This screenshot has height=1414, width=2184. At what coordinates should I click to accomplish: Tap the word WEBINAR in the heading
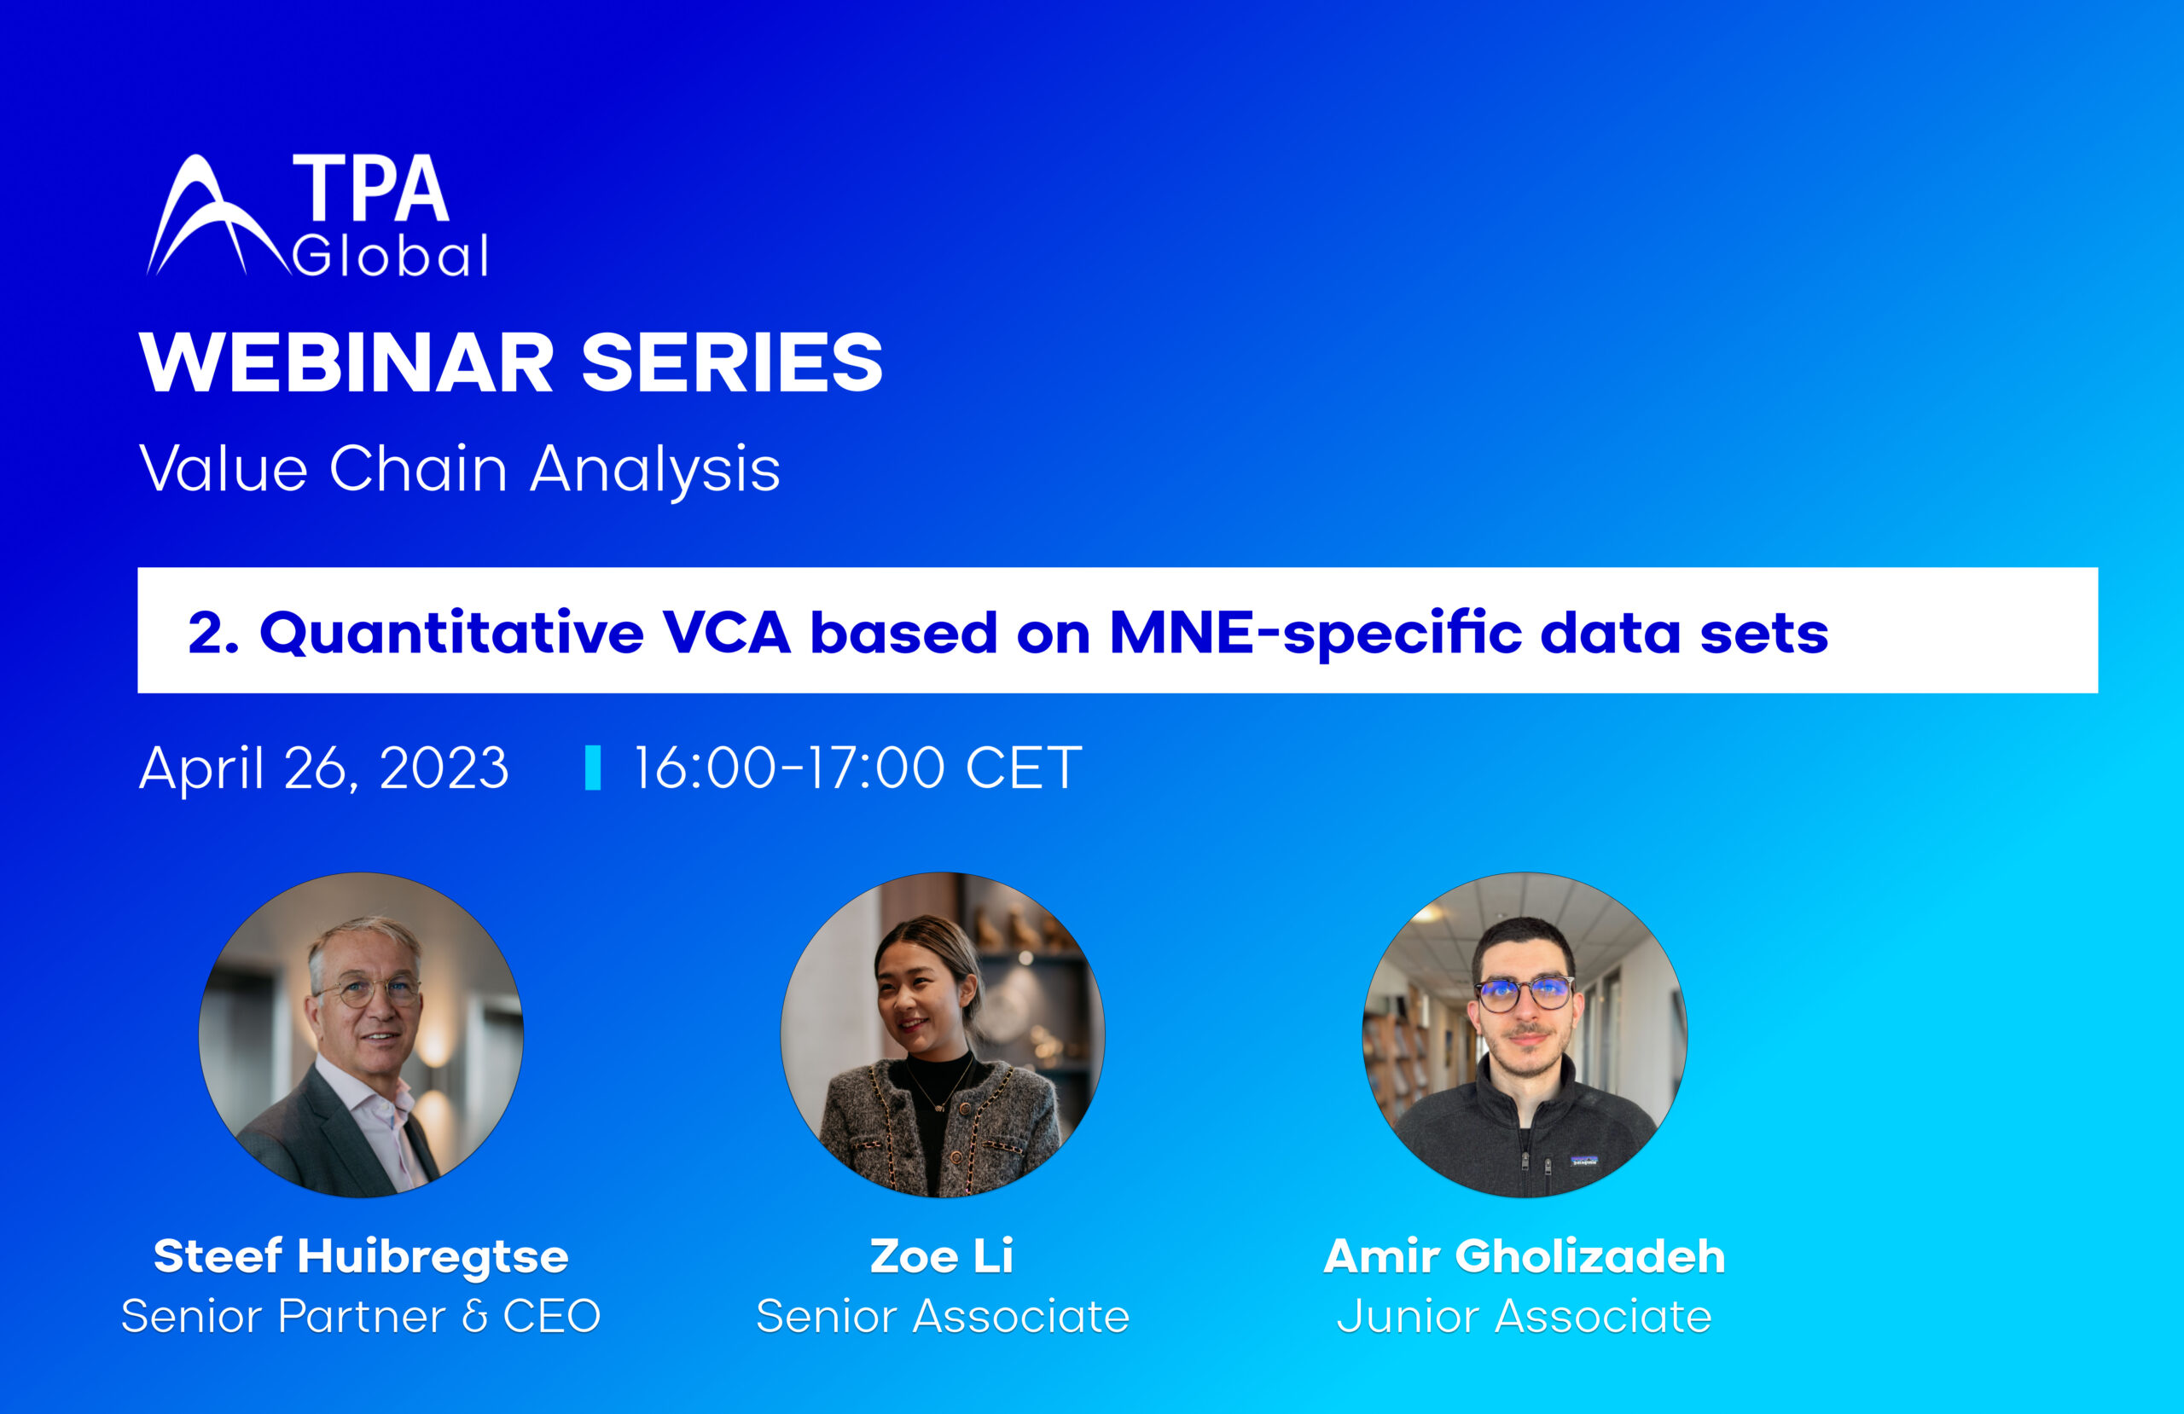[346, 363]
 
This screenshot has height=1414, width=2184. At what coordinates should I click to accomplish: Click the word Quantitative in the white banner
[451, 633]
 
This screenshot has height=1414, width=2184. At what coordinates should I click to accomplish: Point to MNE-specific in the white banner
[1315, 633]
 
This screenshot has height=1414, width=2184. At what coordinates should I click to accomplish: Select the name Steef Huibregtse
[361, 1256]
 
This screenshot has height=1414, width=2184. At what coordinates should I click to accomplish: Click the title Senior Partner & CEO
[361, 1316]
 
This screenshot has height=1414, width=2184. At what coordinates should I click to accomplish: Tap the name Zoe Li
[942, 1256]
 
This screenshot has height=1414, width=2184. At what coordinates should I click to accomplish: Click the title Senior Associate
[942, 1316]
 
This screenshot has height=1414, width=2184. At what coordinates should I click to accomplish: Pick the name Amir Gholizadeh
[1525, 1256]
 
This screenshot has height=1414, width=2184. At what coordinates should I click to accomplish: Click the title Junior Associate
[1525, 1316]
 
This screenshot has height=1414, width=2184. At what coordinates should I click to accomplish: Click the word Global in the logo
[390, 256]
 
